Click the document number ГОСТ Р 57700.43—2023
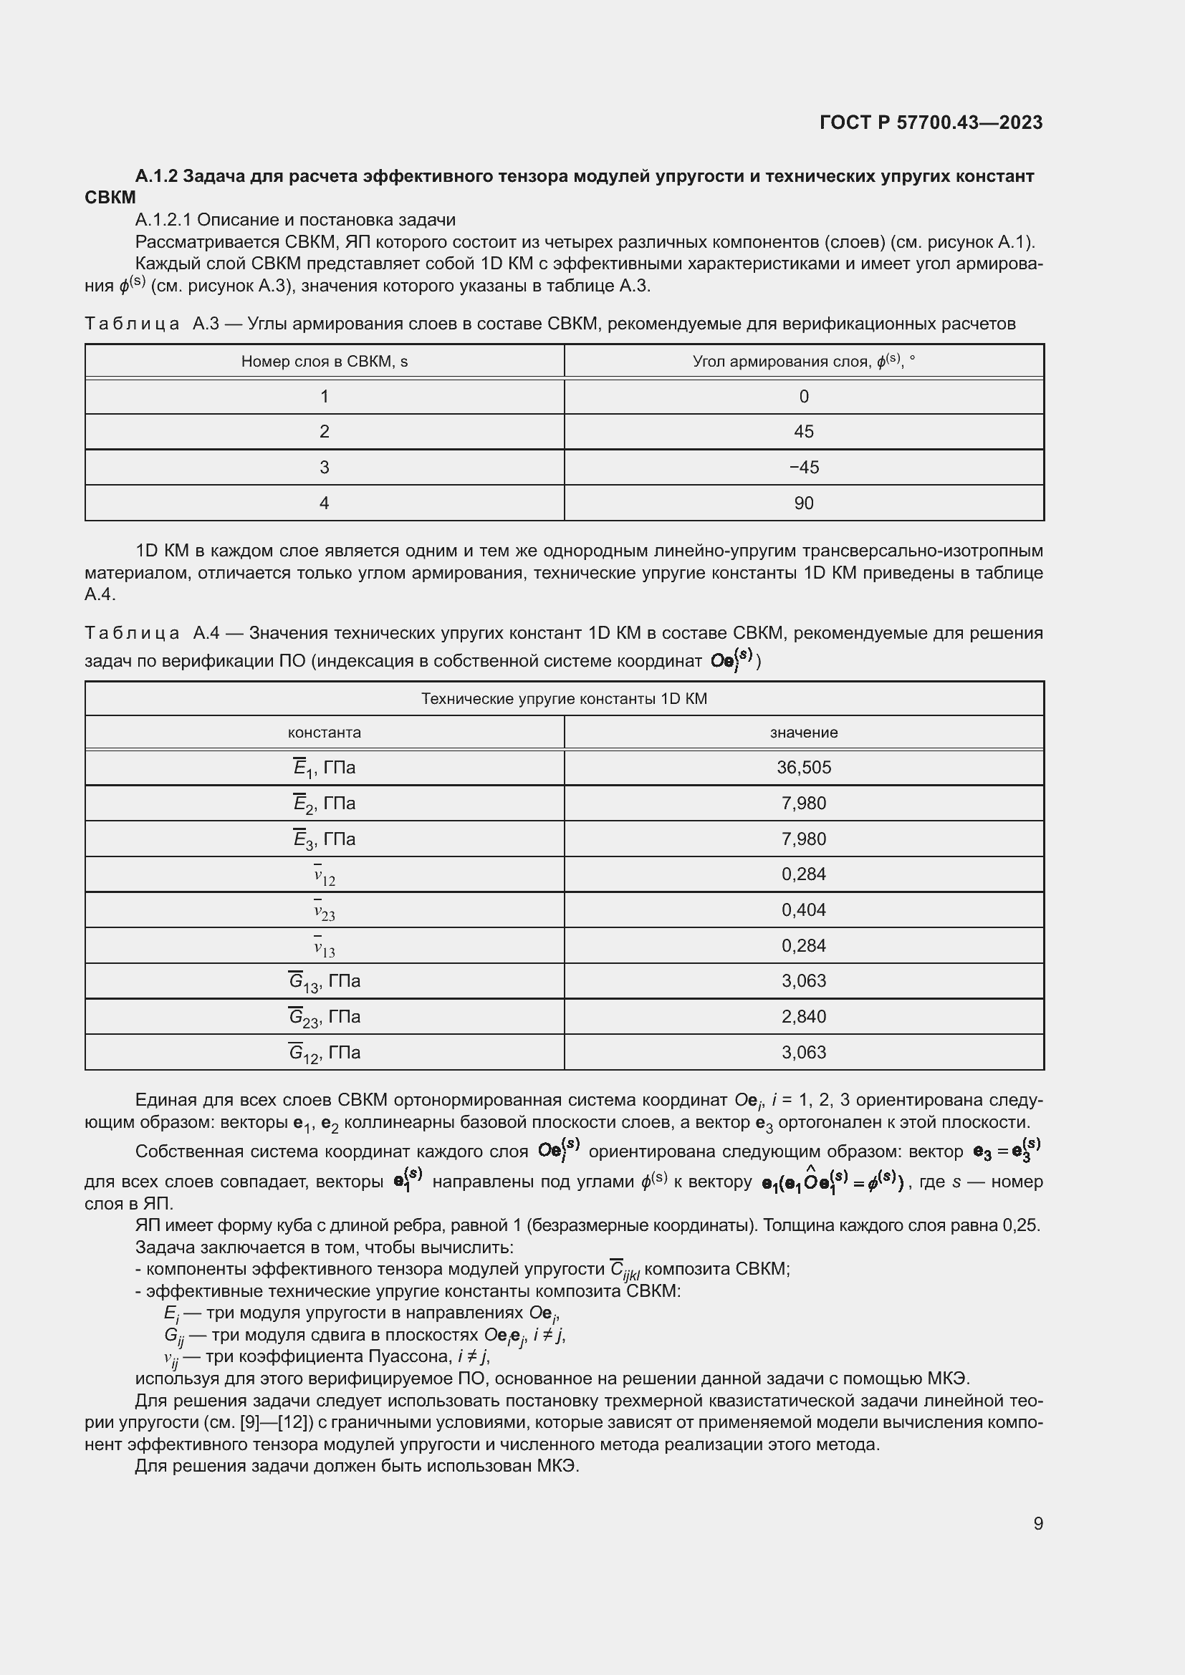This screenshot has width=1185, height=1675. pyautogui.click(x=931, y=122)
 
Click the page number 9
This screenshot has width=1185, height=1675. pyautogui.click(x=1037, y=1523)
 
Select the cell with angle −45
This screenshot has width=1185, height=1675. pyautogui.click(x=803, y=468)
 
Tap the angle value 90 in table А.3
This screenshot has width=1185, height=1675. pyautogui.click(x=803, y=503)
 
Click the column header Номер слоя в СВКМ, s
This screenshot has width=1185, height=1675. pyautogui.click(x=324, y=362)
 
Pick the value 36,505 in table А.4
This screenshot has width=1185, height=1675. pyautogui.click(x=803, y=768)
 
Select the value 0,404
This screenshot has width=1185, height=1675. pyautogui.click(x=803, y=909)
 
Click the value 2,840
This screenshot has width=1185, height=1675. pyautogui.click(x=803, y=1017)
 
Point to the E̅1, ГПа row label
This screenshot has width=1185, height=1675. pyautogui.click(x=324, y=768)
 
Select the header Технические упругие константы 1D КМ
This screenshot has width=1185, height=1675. pyautogui.click(x=564, y=699)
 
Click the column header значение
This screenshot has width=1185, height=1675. pyautogui.click(x=803, y=733)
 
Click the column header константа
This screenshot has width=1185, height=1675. pyautogui.click(x=324, y=733)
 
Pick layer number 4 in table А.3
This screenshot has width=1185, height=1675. pyautogui.click(x=324, y=503)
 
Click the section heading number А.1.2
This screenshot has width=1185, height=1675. pyautogui.click(x=156, y=177)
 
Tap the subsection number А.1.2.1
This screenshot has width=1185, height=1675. pyautogui.click(x=163, y=221)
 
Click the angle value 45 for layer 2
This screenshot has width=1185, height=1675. pyautogui.click(x=803, y=432)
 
